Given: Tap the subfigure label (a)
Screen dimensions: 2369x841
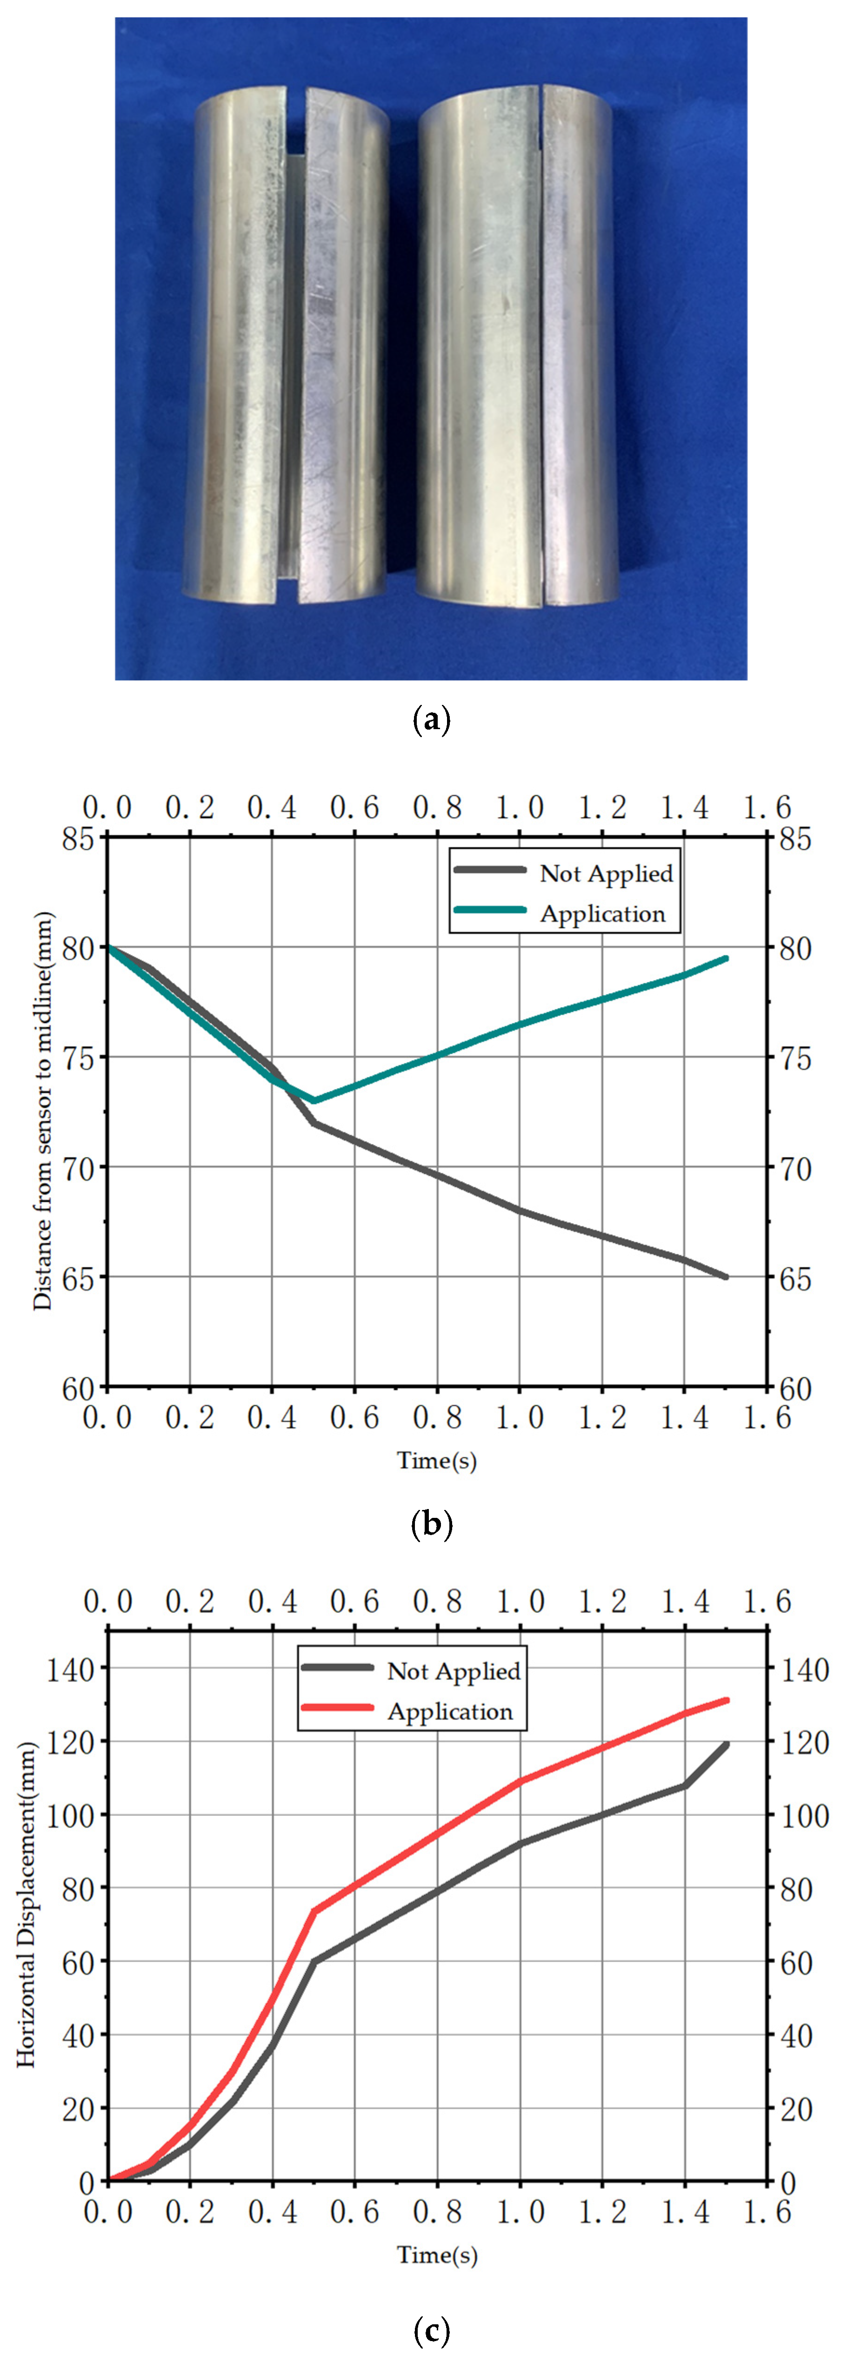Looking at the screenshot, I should point(432,719).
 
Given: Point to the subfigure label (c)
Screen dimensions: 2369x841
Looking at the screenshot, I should point(432,2331).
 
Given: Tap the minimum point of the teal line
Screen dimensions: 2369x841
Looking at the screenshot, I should point(314,1101).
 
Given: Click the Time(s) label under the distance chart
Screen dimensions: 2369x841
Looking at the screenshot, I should point(437,1461).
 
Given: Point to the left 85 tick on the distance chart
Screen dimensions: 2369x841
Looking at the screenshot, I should point(78,839).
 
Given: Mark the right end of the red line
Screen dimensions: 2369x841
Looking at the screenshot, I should point(726,1700).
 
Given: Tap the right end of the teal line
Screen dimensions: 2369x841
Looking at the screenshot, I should point(726,958).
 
